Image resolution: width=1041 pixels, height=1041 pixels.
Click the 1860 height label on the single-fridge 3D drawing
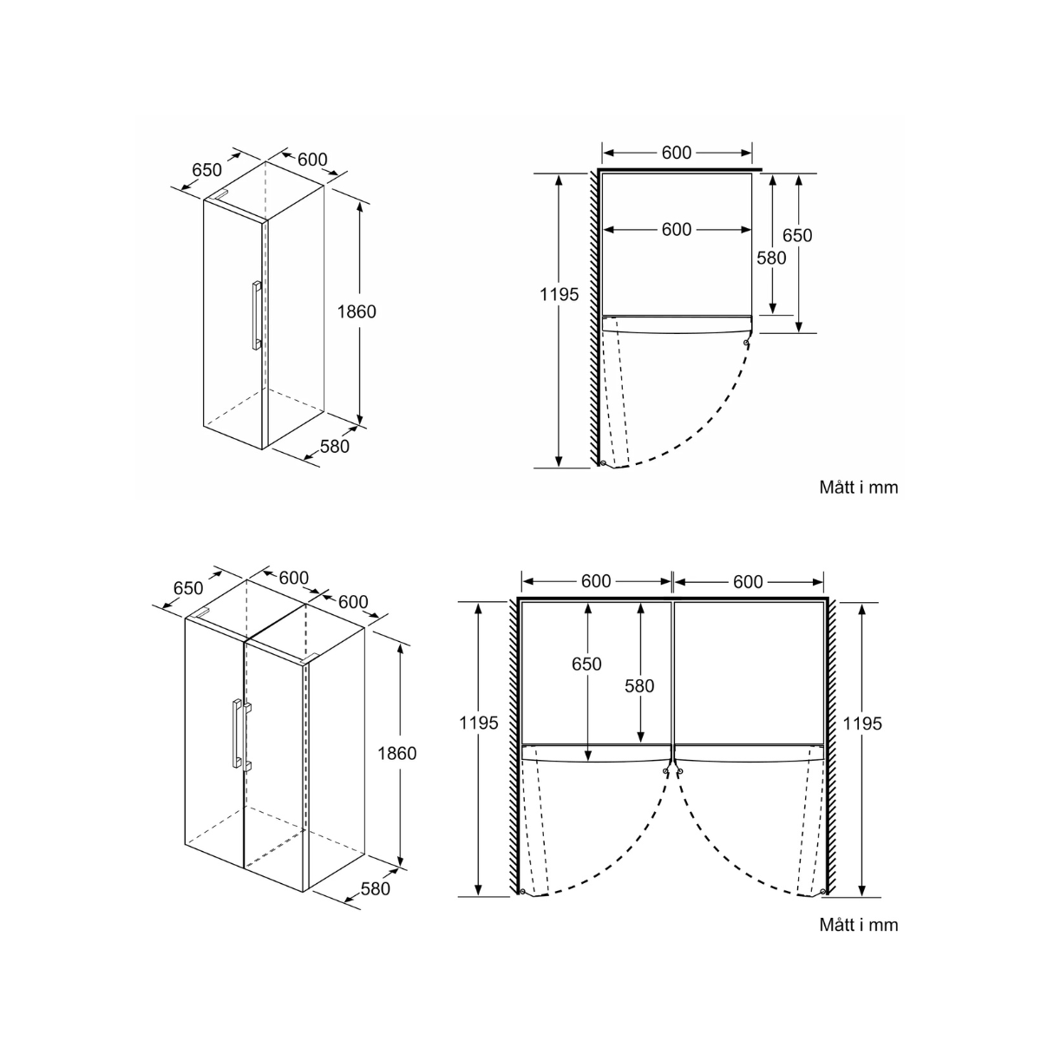357,311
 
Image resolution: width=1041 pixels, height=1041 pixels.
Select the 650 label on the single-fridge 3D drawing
206,171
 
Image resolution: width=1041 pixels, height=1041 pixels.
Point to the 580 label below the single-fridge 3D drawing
335,446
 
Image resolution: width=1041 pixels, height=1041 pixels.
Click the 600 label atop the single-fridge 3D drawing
312,160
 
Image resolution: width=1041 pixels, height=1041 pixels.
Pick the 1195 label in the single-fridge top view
559,295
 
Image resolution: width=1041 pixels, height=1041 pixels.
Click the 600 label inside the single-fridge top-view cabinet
677,229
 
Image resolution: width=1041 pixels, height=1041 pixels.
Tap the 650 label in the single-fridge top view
797,235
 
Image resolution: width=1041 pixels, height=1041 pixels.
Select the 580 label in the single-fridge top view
771,258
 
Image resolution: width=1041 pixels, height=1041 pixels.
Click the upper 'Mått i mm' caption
859,488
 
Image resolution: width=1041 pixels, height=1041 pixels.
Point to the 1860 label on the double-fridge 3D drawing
396,753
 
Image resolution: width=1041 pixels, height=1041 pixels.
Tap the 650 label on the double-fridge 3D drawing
188,588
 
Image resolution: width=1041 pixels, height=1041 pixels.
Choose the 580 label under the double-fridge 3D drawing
375,888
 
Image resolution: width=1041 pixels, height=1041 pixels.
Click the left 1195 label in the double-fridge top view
479,723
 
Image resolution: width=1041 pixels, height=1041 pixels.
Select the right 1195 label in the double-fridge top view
862,723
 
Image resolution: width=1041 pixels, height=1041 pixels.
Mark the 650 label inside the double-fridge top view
586,665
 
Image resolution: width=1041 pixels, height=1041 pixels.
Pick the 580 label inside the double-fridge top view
639,685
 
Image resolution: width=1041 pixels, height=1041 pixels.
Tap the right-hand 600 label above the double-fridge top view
748,581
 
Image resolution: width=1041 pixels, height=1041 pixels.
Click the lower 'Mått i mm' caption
859,925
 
